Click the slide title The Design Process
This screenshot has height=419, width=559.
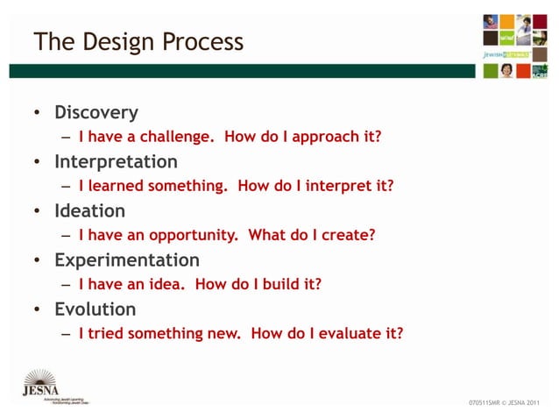click(138, 42)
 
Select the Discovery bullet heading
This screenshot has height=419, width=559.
click(96, 113)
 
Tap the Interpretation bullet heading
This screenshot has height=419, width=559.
click(116, 162)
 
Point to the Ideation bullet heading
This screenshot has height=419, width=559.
click(89, 211)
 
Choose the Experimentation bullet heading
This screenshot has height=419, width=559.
click(126, 260)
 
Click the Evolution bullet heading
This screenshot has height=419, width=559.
click(95, 309)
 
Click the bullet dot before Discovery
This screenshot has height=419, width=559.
click(37, 114)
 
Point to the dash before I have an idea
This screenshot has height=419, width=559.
click(66, 284)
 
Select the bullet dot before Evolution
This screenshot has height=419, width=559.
click(37, 310)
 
